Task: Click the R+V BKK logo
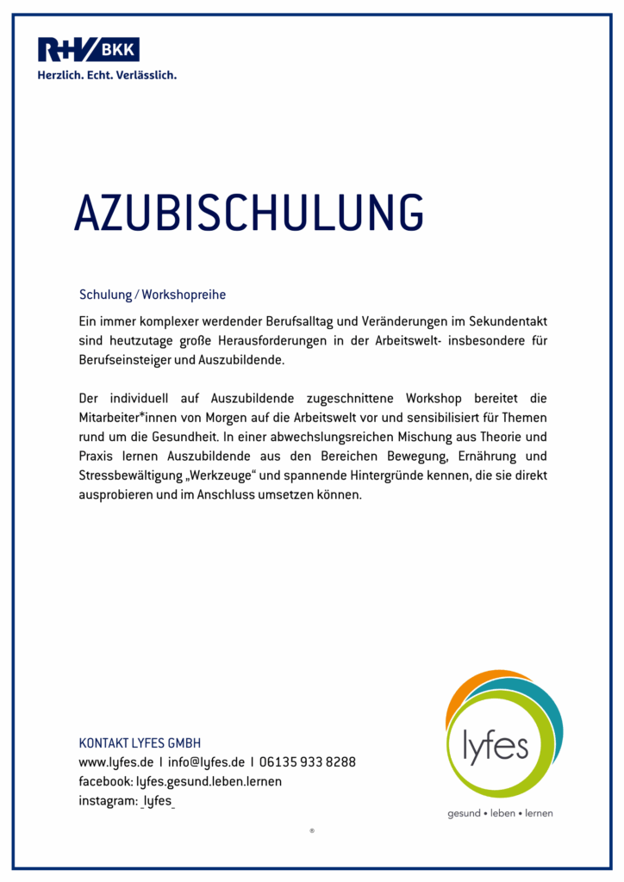(88, 49)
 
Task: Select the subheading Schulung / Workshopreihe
(153, 295)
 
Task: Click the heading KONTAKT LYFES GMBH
(140, 743)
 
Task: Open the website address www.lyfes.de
(116, 762)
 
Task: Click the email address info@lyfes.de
(207, 762)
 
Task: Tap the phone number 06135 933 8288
(308, 762)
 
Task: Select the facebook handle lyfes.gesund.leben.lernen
(209, 781)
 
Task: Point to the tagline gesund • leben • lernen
(500, 813)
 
